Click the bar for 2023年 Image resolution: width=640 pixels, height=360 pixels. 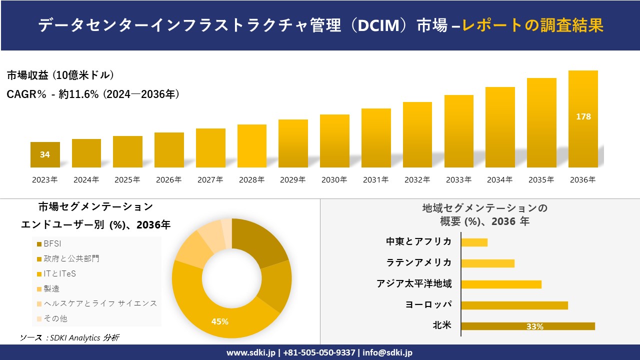(45, 154)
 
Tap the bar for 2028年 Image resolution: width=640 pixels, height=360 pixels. (252, 146)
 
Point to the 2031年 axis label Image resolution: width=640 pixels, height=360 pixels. (375, 180)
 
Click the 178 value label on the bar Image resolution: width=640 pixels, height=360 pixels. (583, 116)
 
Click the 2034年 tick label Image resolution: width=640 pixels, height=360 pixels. (499, 180)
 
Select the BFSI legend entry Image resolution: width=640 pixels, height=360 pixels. (52, 244)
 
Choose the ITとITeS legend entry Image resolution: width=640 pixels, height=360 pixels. (59, 274)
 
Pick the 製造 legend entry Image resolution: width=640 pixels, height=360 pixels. (51, 288)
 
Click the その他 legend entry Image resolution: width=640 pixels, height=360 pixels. (55, 318)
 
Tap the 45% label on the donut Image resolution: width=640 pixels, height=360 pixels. (220, 321)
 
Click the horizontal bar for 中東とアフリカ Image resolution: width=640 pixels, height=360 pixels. (474, 242)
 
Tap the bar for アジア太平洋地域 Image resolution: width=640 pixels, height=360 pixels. (501, 284)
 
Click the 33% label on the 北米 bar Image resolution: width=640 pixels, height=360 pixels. (534, 326)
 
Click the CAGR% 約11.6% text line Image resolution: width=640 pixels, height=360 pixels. (93, 94)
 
